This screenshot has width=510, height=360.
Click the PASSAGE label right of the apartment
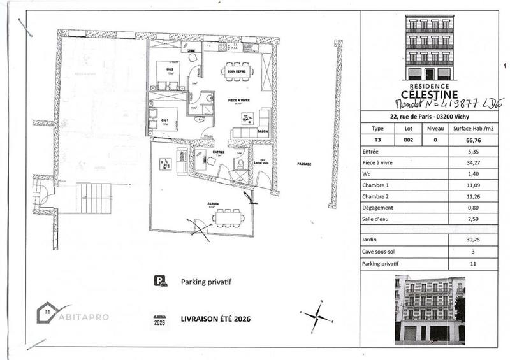[303, 164]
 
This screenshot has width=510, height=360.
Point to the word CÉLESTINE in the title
[430, 94]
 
